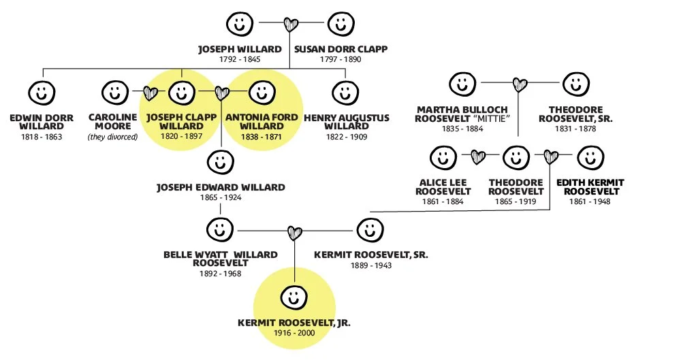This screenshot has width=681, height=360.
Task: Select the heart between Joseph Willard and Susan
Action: coord(291,25)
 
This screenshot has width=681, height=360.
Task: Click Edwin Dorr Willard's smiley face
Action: coord(42,92)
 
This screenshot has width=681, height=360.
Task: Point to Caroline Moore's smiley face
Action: coord(114,92)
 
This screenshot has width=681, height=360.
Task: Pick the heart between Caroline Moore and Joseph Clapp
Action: coord(151,93)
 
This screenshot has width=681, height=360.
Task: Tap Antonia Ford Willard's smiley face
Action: coord(262,92)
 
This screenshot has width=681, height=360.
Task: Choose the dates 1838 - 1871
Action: coord(262,137)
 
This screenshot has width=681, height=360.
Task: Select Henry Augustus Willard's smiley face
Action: coord(346,92)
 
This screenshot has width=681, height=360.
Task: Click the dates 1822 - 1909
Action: coord(346,137)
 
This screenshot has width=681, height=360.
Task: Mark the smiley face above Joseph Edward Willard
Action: coord(219,162)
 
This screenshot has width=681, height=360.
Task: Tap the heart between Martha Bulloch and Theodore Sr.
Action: coord(520,85)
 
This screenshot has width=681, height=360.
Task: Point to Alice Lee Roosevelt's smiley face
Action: coord(443,157)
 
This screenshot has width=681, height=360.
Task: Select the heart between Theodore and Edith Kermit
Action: coord(550,157)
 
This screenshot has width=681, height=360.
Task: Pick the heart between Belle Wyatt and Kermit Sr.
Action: coord(294,233)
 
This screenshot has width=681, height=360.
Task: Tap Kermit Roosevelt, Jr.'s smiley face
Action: coord(294,297)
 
